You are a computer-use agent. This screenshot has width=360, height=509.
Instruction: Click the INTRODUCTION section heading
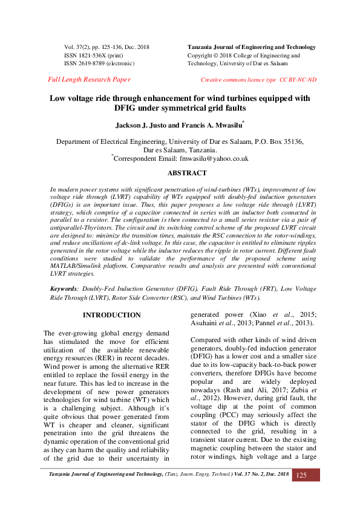point(111,316)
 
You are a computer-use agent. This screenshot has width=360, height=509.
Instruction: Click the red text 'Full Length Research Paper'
point(88,80)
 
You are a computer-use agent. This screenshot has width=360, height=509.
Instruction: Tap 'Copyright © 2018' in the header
point(209,55)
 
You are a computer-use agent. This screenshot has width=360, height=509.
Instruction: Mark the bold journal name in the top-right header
point(252,47)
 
